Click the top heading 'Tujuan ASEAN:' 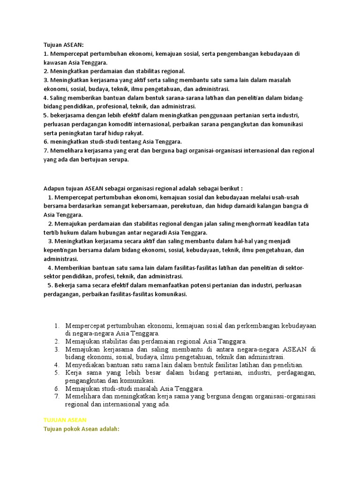click(x=63, y=45)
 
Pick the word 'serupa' click(x=117, y=159)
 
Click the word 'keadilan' click(x=284, y=224)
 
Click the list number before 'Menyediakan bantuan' click(x=56, y=365)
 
